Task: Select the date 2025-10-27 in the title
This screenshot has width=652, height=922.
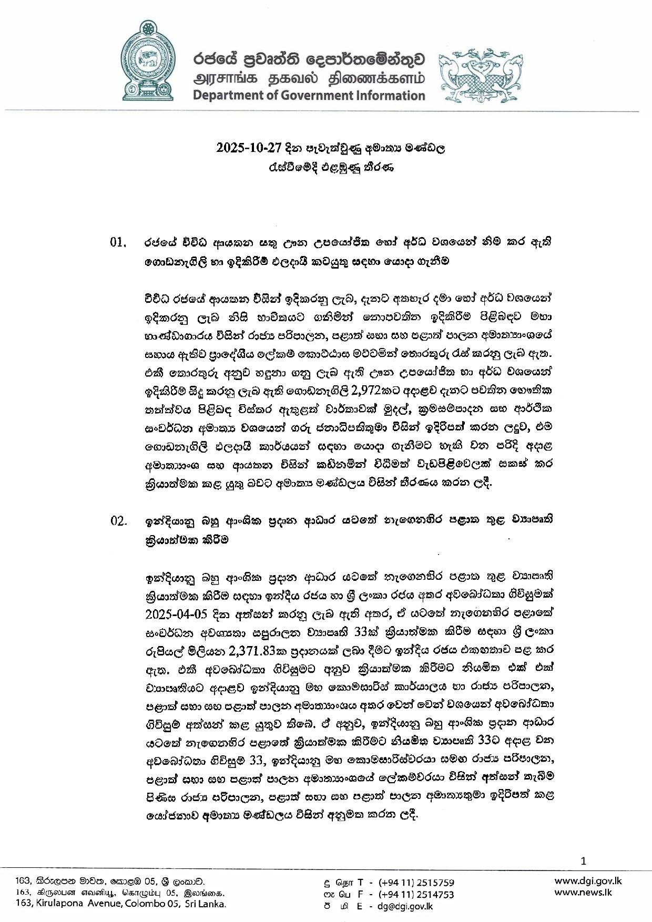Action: pyautogui.click(x=246, y=148)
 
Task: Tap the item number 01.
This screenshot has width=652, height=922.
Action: pyautogui.click(x=118, y=243)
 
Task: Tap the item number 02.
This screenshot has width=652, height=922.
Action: pyautogui.click(x=118, y=521)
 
